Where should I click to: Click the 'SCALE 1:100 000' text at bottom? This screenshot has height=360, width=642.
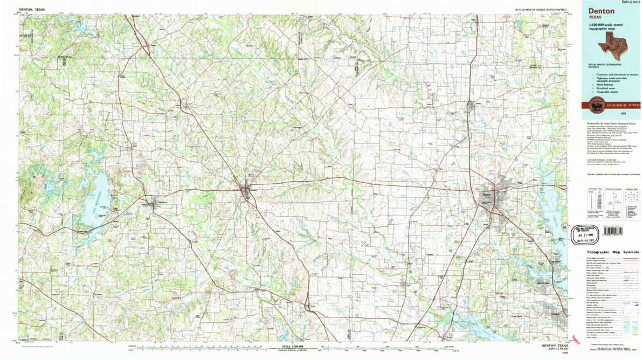[293, 347]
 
